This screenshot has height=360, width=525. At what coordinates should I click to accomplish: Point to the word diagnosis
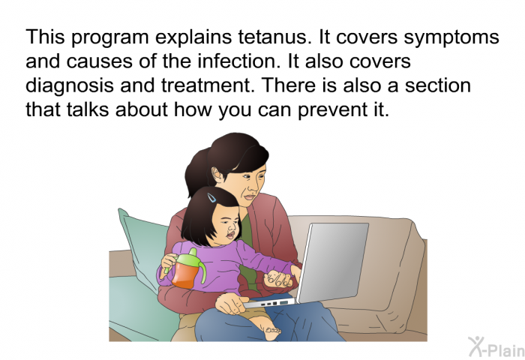tap(70, 86)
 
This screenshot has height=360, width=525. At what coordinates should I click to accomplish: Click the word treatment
tap(206, 85)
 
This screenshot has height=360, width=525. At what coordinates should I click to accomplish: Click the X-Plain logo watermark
tap(496, 347)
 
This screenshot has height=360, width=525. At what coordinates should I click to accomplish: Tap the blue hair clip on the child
tap(211, 197)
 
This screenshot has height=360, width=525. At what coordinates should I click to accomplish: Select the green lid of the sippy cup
tap(187, 257)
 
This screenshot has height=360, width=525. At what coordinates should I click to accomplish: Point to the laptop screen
tap(334, 262)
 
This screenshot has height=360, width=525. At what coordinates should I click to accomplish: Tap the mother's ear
tap(217, 175)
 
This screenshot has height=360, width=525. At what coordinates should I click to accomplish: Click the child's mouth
tap(231, 234)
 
